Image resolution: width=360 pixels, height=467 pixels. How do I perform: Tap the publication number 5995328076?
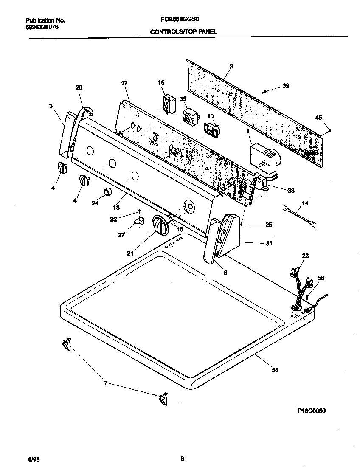tap(41, 27)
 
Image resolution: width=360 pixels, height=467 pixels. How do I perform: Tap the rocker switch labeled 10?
tap(211, 129)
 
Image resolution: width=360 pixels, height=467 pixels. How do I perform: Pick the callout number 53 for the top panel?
tap(275, 370)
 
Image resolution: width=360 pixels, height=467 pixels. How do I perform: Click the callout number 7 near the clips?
tap(105, 383)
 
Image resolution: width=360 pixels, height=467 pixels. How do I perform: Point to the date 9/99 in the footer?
tap(34, 459)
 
